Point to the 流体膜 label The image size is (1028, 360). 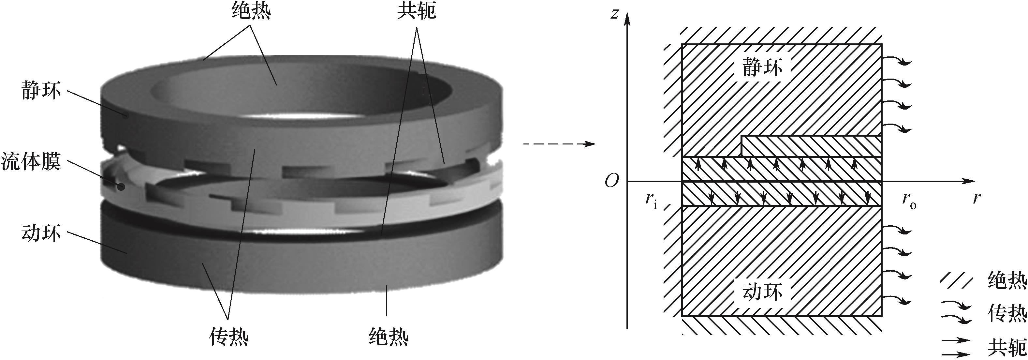pos(31,162)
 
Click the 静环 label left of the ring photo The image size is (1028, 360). pos(41,91)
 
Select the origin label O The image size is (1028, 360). pos(612,181)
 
